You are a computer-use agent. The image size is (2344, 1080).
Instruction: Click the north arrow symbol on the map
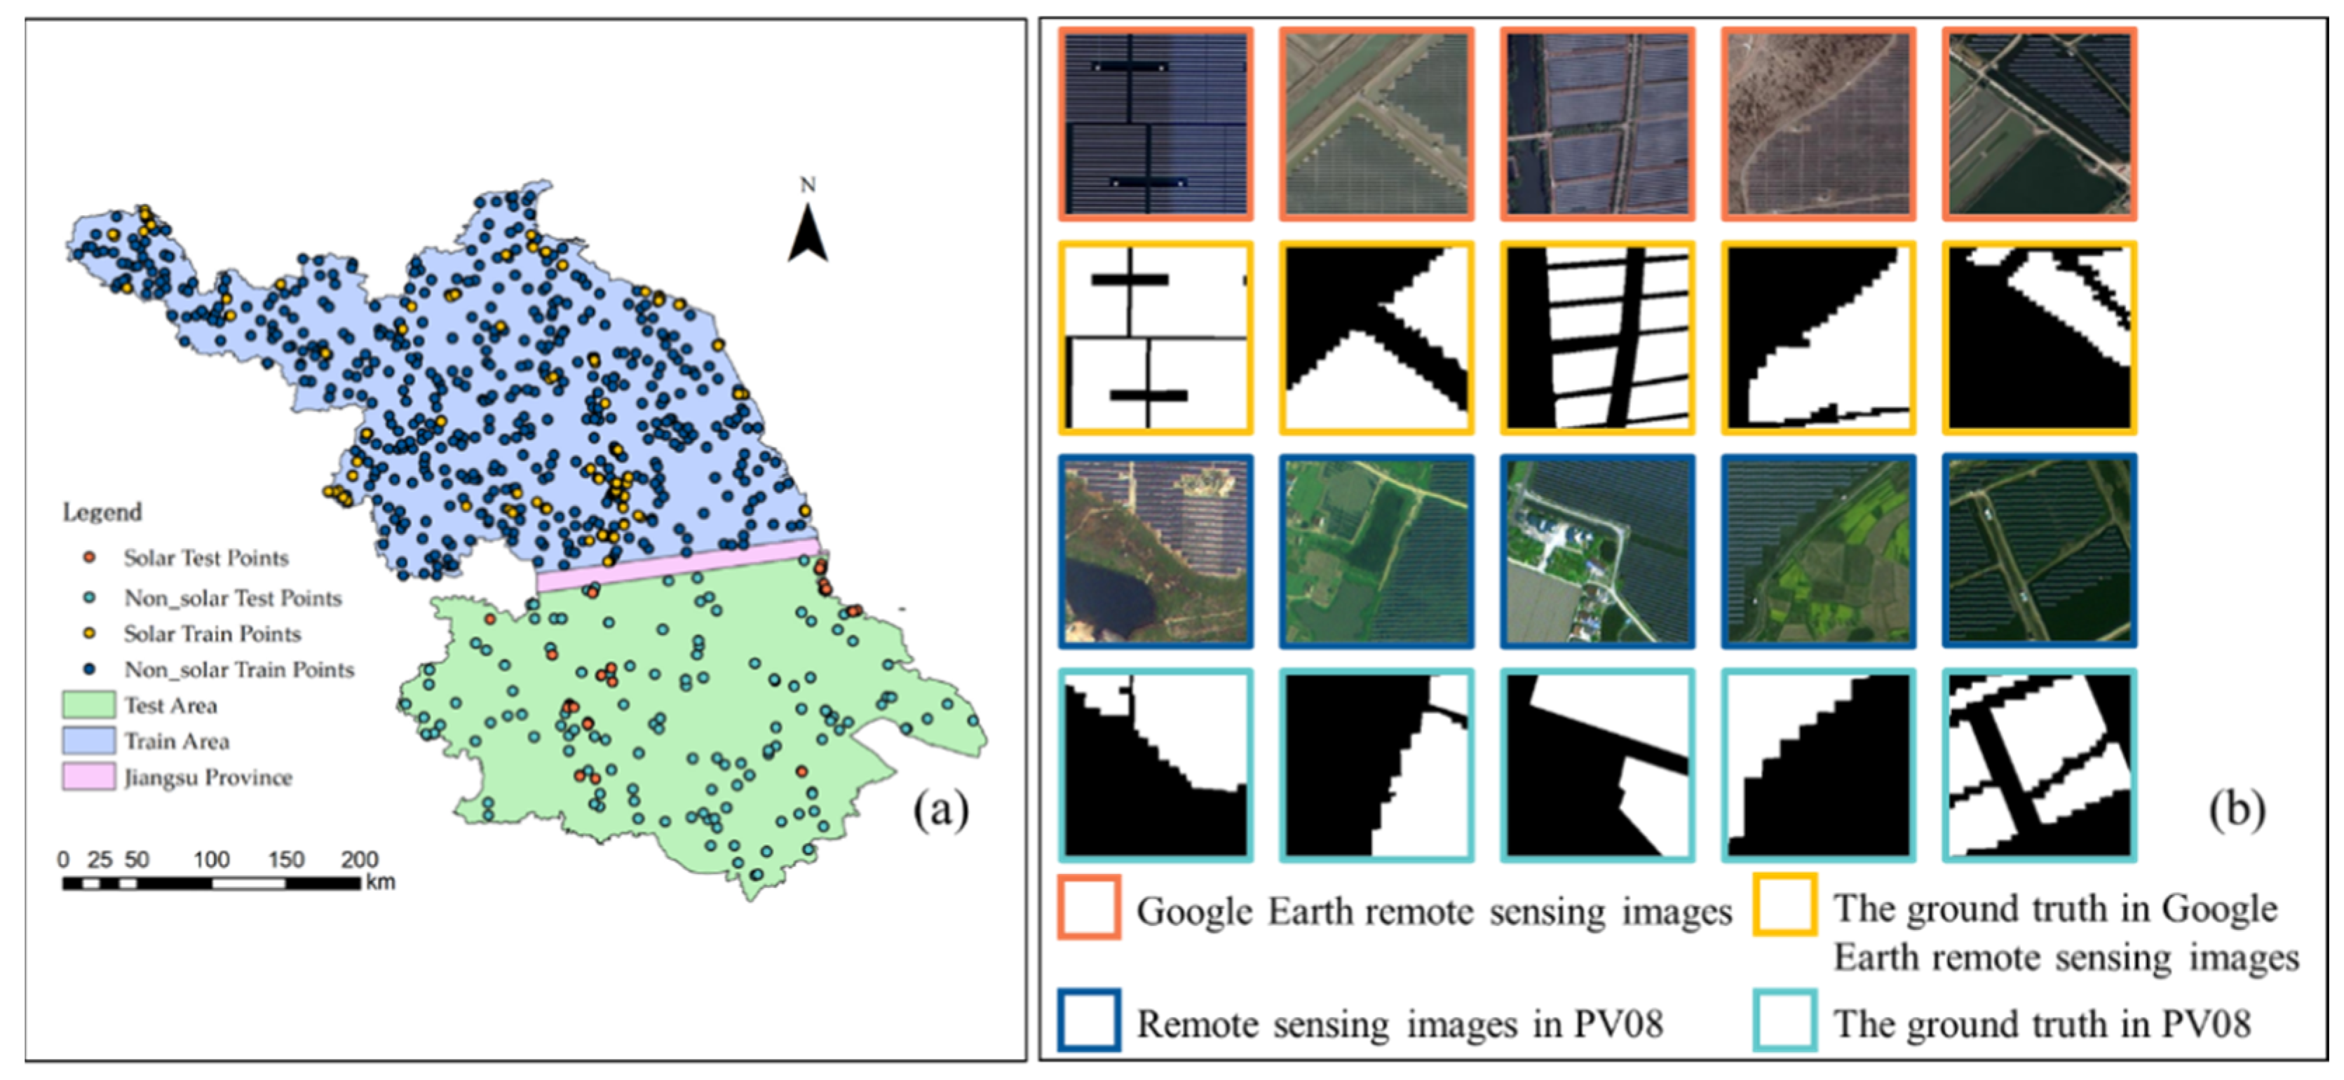[807, 234]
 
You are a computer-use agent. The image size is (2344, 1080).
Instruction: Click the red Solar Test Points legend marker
[89, 557]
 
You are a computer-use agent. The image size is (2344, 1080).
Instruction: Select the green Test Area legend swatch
[88, 705]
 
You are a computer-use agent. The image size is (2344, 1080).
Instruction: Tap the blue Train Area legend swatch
[88, 741]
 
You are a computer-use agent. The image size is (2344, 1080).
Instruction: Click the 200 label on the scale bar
[360, 859]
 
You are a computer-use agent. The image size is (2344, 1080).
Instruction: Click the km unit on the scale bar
[380, 882]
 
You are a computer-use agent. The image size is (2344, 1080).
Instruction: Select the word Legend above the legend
[102, 512]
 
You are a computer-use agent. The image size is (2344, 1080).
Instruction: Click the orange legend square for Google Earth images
[1089, 906]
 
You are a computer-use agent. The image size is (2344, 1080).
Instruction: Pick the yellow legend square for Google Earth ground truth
[1785, 904]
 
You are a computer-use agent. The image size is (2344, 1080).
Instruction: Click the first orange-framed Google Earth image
[1156, 124]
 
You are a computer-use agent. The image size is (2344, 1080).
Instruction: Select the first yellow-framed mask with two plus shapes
[1156, 338]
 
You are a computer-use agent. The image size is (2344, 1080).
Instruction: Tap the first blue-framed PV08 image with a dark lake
[1156, 552]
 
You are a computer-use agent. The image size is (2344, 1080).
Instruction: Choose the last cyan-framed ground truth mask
[2039, 765]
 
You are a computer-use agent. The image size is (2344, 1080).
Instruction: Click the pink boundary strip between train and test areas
[678, 565]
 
